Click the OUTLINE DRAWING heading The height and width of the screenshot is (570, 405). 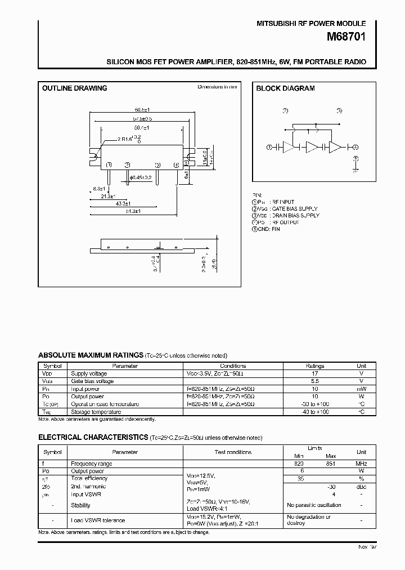[75, 88]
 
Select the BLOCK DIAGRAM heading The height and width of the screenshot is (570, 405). [285, 88]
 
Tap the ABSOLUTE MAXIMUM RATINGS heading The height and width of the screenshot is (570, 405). [91, 355]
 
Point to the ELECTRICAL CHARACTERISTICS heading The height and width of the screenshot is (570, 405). [93, 438]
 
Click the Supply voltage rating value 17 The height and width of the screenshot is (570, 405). [314, 373]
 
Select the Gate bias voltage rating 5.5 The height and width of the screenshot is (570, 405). [314, 381]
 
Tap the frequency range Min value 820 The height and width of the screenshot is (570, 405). [299, 464]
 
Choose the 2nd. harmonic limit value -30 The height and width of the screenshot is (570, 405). [332, 487]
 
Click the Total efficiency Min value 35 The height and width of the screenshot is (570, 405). [300, 479]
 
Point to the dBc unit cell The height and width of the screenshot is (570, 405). [362, 487]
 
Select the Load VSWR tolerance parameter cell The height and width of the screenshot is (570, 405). [98, 520]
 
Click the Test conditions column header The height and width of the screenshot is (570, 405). [233, 452]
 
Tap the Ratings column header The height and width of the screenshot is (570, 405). [314, 366]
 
